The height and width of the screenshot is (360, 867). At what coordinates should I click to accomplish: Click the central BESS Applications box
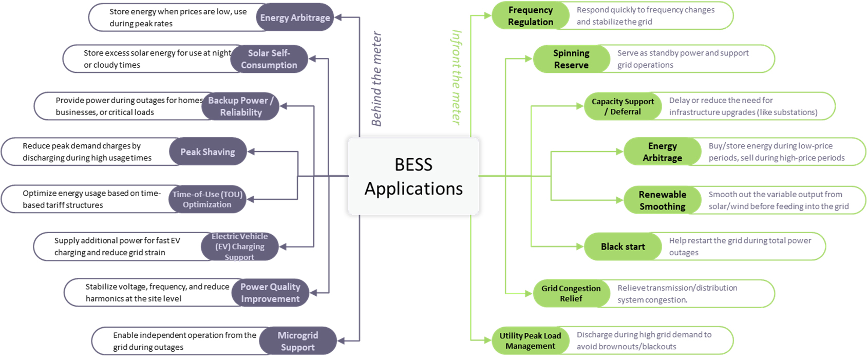413,176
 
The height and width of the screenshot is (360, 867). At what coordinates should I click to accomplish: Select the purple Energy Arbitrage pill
295,17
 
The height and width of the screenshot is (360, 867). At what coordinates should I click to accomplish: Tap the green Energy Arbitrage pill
662,152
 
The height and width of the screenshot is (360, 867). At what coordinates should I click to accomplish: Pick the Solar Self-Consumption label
269,59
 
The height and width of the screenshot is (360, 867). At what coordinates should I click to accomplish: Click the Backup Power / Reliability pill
240,106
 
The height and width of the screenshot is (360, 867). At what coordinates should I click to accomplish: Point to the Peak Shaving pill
208,151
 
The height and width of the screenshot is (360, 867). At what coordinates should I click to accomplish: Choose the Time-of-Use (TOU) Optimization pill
207,199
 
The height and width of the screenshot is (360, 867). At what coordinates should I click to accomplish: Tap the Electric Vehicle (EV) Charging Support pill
239,247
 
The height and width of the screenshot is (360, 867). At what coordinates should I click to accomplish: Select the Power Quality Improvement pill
270,293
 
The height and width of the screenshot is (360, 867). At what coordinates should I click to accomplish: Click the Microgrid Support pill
298,341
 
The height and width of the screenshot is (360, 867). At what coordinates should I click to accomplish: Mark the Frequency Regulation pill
531,16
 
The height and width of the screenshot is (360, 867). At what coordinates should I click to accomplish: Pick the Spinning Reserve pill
571,59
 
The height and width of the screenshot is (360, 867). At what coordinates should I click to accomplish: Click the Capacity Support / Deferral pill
623,106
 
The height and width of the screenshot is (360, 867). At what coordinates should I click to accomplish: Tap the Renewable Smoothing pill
662,200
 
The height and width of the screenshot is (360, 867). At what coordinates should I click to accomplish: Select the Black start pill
623,247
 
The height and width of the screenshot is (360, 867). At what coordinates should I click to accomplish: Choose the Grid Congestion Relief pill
571,294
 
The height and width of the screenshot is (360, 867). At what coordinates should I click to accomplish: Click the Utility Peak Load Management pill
530,341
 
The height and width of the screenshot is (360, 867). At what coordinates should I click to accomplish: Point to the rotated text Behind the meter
376,79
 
